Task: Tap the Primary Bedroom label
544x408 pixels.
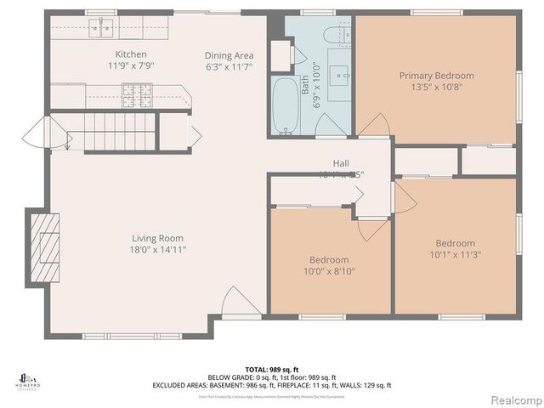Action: click(x=436, y=76)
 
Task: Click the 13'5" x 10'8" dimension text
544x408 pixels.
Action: click(x=436, y=87)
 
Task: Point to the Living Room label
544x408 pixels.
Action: click(x=157, y=239)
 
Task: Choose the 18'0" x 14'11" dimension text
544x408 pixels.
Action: click(x=157, y=250)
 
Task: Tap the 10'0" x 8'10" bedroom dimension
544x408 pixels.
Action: click(x=330, y=271)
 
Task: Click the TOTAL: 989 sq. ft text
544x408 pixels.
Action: click(x=271, y=370)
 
